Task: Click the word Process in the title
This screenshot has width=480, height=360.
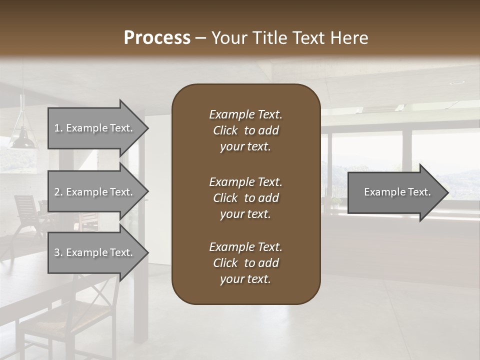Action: [157, 38]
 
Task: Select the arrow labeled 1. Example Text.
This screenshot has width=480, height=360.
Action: [95, 128]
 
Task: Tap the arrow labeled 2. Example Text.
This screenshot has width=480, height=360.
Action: [95, 192]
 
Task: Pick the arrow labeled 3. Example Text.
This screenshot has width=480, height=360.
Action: [95, 252]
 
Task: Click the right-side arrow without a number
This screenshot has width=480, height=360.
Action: [395, 192]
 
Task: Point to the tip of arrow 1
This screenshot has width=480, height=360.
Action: [147, 128]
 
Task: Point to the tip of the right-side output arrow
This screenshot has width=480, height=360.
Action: [447, 192]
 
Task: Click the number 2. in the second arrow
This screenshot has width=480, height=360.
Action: [58, 192]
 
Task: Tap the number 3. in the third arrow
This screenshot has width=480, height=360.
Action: [58, 252]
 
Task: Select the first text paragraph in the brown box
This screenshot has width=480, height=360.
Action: [245, 130]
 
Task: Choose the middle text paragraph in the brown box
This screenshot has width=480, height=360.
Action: [245, 198]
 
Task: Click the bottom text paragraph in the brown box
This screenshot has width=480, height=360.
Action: [245, 263]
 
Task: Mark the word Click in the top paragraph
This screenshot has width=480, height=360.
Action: [225, 130]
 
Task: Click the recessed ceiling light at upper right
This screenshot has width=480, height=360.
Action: [456, 82]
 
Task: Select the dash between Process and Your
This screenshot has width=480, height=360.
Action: [200, 38]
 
